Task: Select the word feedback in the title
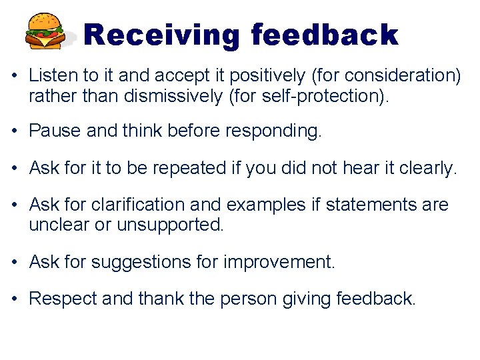tap(325, 35)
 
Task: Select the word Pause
tap(55, 131)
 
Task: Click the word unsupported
tap(169, 225)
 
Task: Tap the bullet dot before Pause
tap(15, 131)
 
